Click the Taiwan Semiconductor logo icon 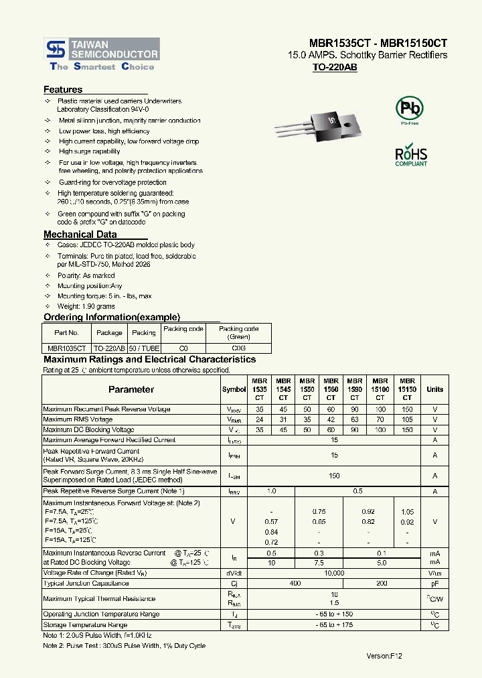[x=56, y=48]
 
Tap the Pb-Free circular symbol [x=410, y=109]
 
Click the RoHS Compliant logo [x=411, y=155]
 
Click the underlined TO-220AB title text [x=335, y=68]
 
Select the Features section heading [x=63, y=90]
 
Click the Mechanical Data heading [x=80, y=234]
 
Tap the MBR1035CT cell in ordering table [x=66, y=348]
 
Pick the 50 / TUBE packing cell [x=143, y=348]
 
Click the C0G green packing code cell [x=238, y=348]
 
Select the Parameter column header [x=131, y=389]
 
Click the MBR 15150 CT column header [x=407, y=389]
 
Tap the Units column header [x=434, y=389]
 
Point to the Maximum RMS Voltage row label [x=78, y=419]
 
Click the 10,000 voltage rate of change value [x=334, y=573]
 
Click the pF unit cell [x=434, y=584]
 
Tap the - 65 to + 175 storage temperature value [x=334, y=625]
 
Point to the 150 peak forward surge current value [x=334, y=476]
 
